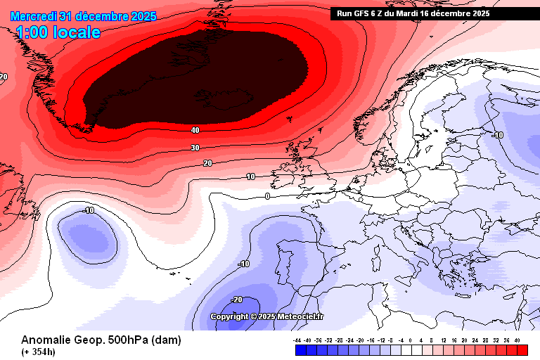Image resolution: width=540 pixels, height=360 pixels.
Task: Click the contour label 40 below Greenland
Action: coord(195,130)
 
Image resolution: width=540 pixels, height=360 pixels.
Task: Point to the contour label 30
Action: coord(195,148)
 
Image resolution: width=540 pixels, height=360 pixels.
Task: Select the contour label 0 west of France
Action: coord(267,196)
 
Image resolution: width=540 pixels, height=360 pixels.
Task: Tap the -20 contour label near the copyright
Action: coord(236,300)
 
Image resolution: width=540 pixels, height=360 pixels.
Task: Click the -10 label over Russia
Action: coord(499,135)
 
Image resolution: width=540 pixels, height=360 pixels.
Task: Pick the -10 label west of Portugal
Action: coord(244,264)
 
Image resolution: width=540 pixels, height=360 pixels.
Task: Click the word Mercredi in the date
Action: coord(34,16)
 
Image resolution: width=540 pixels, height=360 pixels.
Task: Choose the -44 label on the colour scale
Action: coord(297,340)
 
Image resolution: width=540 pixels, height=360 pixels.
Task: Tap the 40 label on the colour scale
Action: coord(517,340)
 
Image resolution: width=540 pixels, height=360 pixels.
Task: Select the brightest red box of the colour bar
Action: coord(522,349)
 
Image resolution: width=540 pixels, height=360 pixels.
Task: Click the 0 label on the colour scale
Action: coord(411,340)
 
